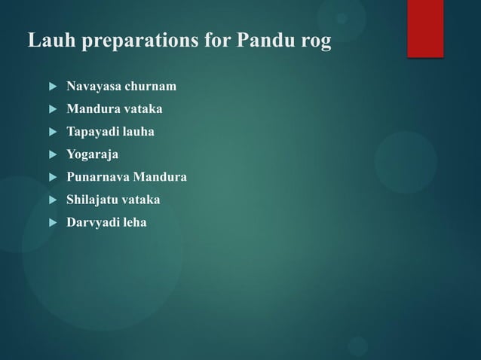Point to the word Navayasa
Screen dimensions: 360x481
coord(93,87)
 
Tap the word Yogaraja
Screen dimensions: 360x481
coord(93,155)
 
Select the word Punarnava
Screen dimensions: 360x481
coord(98,177)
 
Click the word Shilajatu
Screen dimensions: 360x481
coord(93,200)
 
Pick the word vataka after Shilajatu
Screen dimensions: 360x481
coord(142,200)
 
